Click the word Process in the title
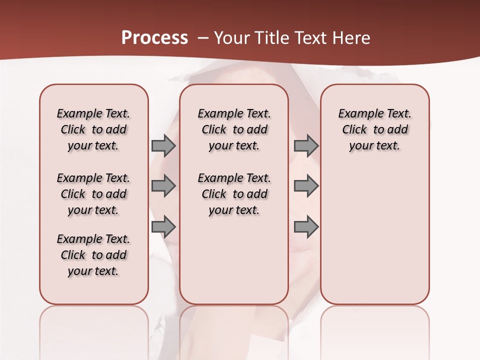(x=154, y=38)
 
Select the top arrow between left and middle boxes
(x=163, y=145)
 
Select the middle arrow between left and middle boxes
(x=163, y=186)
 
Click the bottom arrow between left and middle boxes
(x=163, y=227)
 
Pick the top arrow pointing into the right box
(x=305, y=145)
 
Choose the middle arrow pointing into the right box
(x=305, y=186)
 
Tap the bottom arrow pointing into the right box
(x=305, y=227)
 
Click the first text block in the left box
(x=93, y=129)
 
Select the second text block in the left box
(x=93, y=194)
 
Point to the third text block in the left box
(x=93, y=255)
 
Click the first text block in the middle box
(x=234, y=129)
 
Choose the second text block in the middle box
(x=234, y=194)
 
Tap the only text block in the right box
(x=374, y=129)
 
